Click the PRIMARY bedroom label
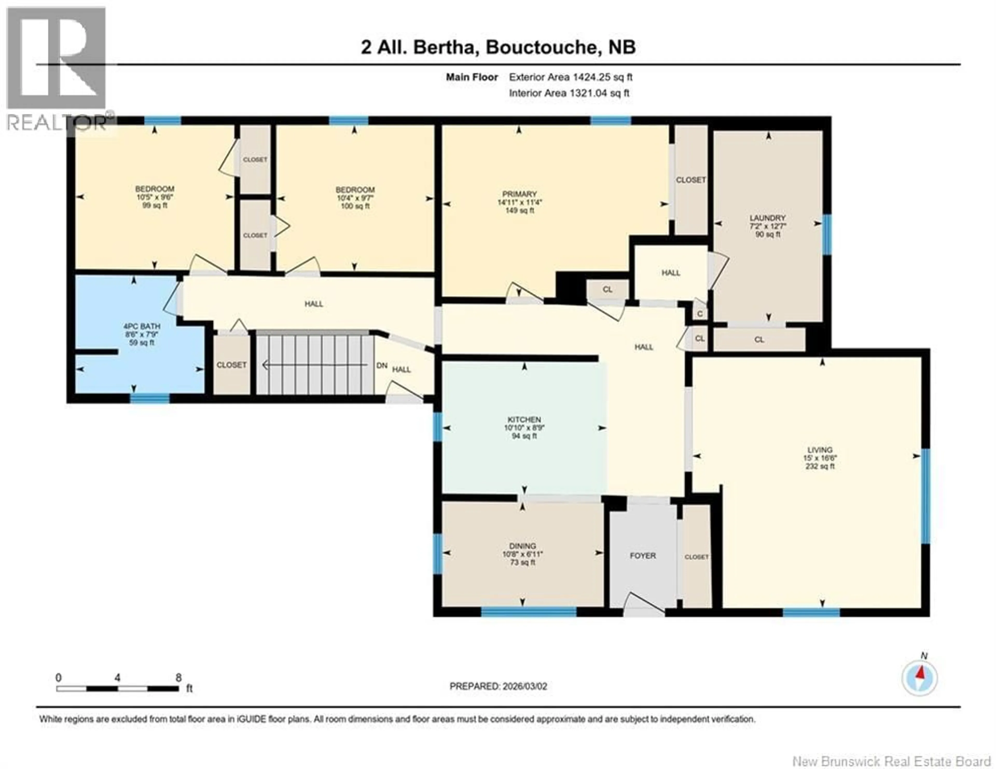pyautogui.click(x=520, y=194)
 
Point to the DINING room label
pyautogui.click(x=523, y=546)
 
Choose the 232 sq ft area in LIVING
pyautogui.click(x=820, y=466)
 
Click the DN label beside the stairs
pyautogui.click(x=382, y=366)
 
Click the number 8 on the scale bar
pyautogui.click(x=178, y=677)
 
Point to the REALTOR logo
pyautogui.click(x=57, y=68)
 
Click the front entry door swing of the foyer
pyautogui.click(x=643, y=603)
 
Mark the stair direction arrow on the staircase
pyautogui.click(x=315, y=365)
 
